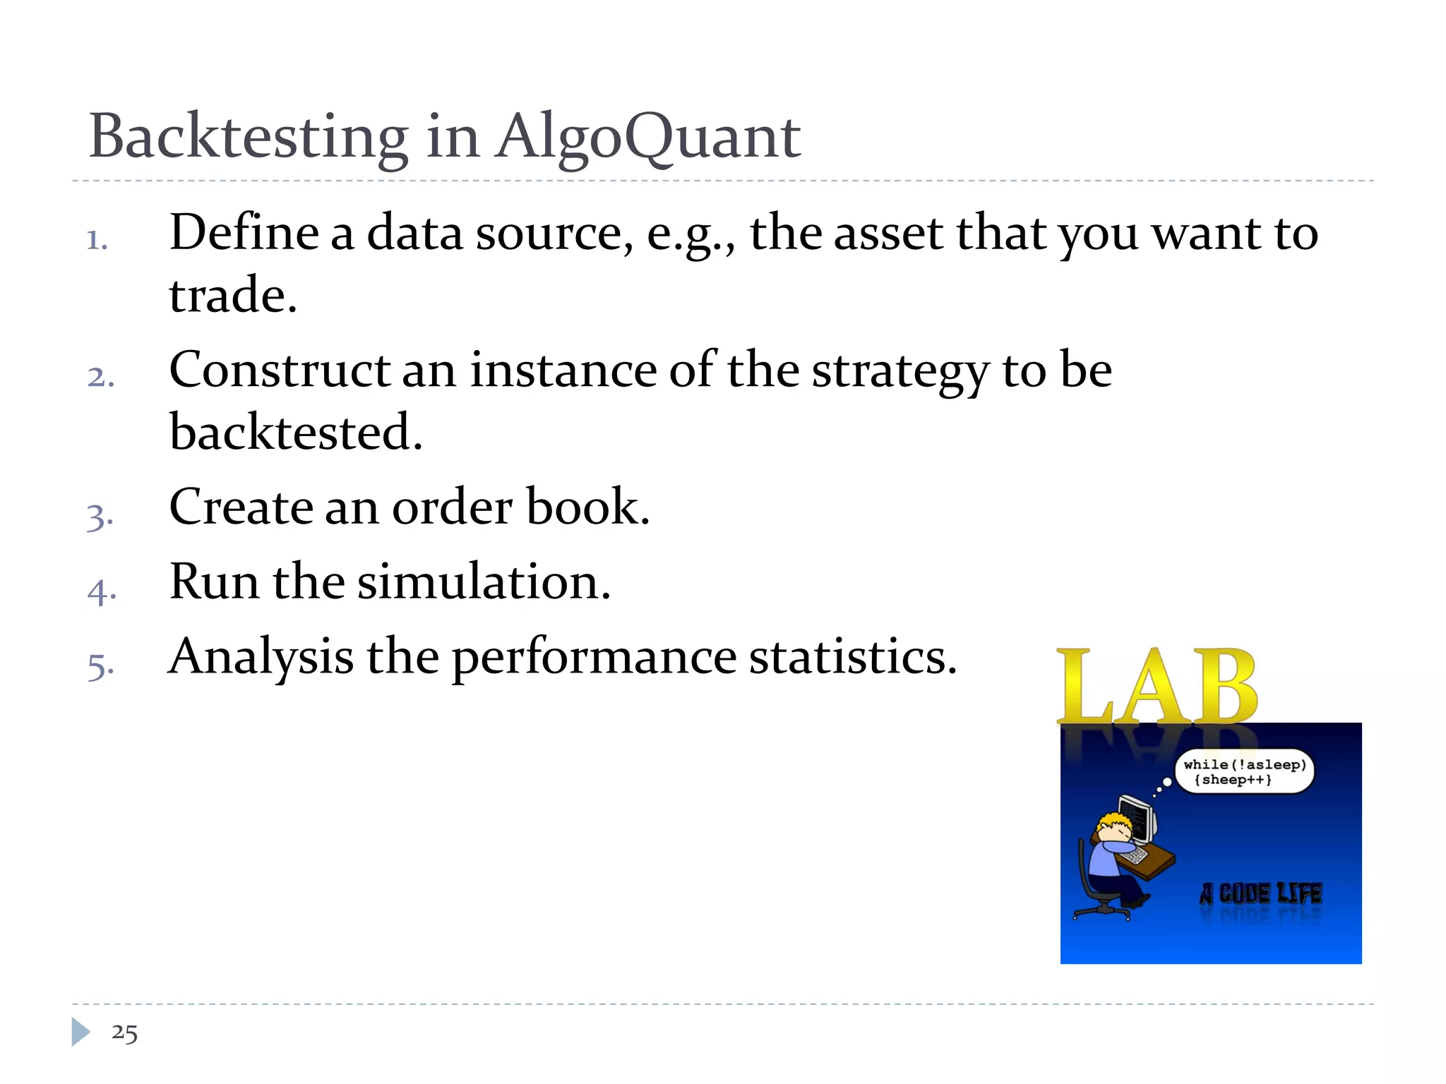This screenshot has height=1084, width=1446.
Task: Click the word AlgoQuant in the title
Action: click(647, 138)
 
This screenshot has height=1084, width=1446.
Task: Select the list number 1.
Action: click(97, 240)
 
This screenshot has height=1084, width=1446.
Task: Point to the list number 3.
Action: click(100, 516)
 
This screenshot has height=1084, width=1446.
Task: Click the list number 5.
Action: click(100, 666)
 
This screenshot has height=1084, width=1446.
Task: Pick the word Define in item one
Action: click(244, 233)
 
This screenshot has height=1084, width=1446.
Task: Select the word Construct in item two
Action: click(280, 371)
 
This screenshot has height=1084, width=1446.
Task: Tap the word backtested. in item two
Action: click(296, 432)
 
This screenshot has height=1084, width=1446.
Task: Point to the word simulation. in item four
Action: click(484, 582)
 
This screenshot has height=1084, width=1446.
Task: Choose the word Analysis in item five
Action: click(261, 657)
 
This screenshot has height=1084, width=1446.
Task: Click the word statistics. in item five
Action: click(852, 657)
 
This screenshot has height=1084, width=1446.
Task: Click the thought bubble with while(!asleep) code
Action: click(1244, 771)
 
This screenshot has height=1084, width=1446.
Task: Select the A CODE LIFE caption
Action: click(1260, 893)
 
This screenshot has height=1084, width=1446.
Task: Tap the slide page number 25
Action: click(124, 1032)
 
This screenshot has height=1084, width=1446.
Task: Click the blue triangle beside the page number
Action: click(80, 1032)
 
